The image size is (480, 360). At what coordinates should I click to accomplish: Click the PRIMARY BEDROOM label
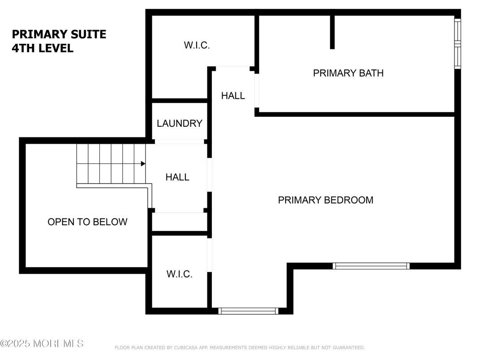[x=326, y=200]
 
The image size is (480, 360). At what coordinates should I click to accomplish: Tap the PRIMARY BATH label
[x=348, y=73]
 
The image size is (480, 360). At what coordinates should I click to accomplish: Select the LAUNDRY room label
[x=180, y=124]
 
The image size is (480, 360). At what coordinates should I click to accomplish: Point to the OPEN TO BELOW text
[x=87, y=222]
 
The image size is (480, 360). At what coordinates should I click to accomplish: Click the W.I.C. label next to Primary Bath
[x=197, y=45]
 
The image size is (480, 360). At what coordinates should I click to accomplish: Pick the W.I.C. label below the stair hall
[x=180, y=274]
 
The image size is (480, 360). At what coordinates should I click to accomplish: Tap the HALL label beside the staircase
[x=177, y=177]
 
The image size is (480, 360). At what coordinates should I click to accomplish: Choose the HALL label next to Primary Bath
[x=233, y=96]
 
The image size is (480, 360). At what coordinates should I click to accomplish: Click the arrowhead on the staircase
[x=143, y=164]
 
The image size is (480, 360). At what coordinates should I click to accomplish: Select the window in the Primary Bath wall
[x=457, y=44]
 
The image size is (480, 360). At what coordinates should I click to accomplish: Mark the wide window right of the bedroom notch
[x=371, y=266]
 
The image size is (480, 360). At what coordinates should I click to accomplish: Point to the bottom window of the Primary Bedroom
[x=248, y=311]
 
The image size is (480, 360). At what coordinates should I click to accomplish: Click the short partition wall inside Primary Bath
[x=332, y=32]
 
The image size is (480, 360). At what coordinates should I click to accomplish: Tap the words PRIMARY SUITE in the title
[x=59, y=34]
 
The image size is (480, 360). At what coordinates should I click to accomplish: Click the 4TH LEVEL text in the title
[x=43, y=48]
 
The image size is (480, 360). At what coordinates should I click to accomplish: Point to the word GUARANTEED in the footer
[x=348, y=347]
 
